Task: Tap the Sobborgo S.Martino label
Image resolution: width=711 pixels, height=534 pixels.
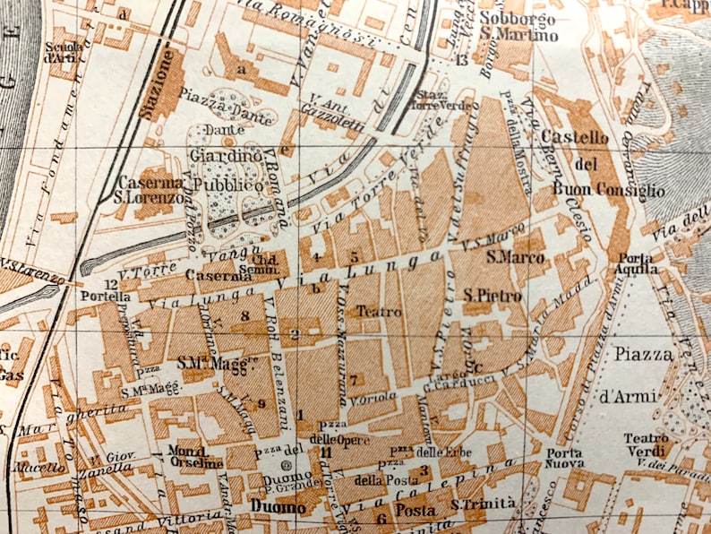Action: click(518, 26)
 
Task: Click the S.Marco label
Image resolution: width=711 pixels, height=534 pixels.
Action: click(505, 257)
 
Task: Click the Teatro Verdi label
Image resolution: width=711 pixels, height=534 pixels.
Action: click(646, 445)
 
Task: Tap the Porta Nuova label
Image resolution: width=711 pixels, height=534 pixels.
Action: click(566, 458)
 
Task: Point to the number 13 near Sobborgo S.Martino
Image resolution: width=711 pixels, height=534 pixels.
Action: click(462, 60)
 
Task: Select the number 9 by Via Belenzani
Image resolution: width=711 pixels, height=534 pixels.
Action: click(261, 403)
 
